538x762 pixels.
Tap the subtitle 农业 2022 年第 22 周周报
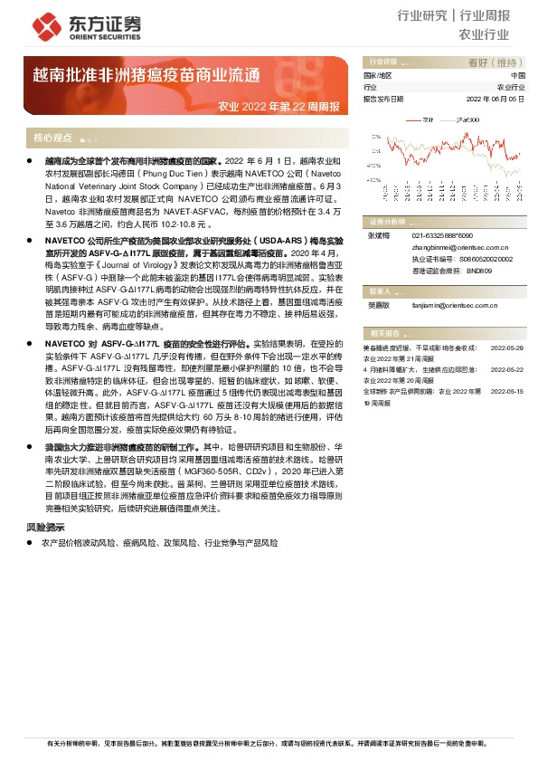point(279,107)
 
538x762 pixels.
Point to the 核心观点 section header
point(52,138)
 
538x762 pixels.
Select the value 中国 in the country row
point(517,76)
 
